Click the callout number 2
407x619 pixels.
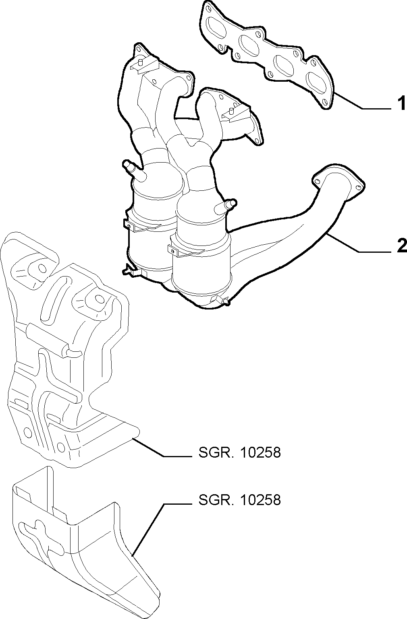[x=402, y=246]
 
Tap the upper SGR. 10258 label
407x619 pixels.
[x=240, y=452]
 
